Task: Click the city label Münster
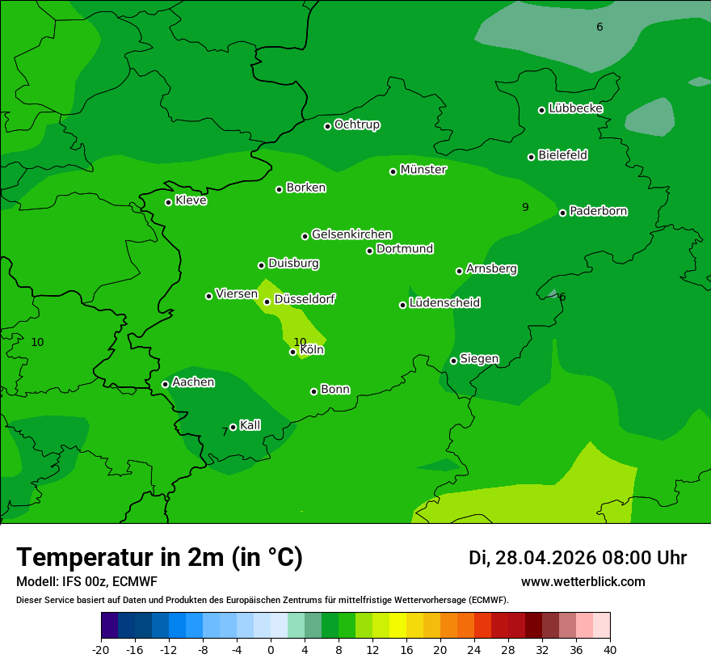[423, 170]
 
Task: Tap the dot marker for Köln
[293, 352]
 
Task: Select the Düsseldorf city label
[305, 299]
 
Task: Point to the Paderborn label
[598, 211]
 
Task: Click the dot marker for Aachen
[166, 384]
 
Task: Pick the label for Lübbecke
[575, 108]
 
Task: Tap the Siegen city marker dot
[454, 361]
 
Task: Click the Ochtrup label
[356, 124]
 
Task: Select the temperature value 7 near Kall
[225, 433]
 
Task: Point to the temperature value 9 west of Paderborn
[525, 208]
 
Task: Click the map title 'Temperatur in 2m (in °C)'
[160, 558]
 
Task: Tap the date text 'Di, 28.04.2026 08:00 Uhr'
[578, 558]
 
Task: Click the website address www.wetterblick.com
[583, 582]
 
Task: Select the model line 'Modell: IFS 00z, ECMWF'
[86, 582]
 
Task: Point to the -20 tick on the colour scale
[101, 650]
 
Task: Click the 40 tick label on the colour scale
[610, 650]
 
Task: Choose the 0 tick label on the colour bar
[271, 650]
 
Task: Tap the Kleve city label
[191, 200]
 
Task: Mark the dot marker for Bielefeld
[532, 157]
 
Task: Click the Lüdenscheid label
[444, 303]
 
